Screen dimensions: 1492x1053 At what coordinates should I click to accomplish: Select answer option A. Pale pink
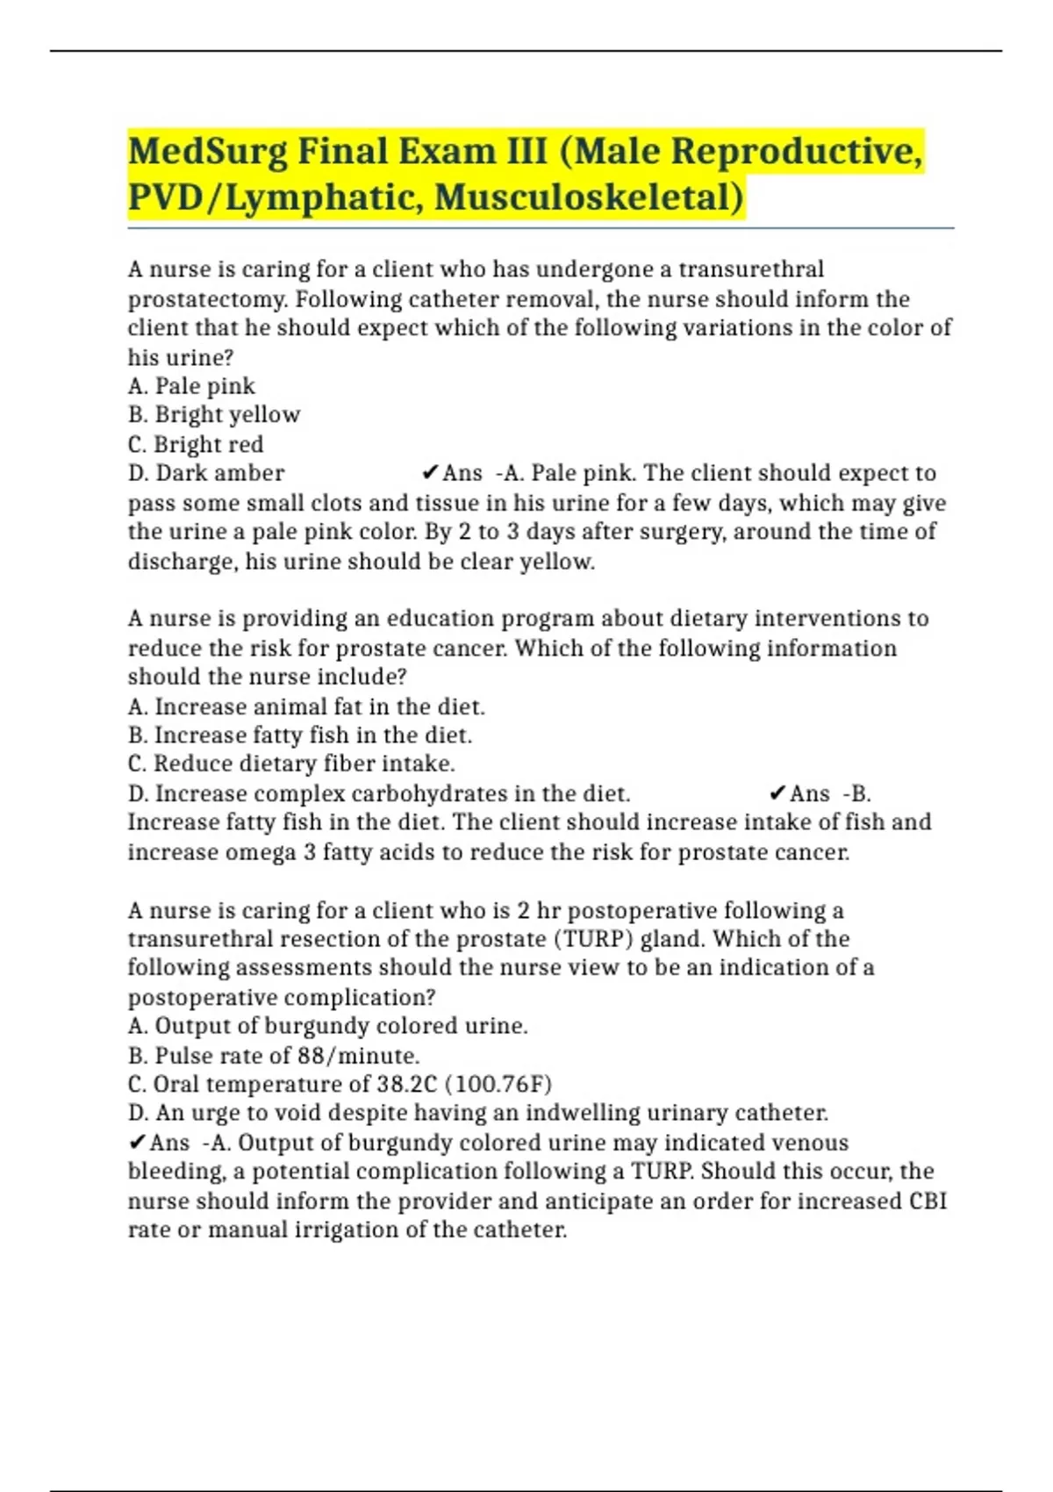coord(191,386)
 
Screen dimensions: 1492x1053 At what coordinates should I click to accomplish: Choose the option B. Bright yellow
coord(214,415)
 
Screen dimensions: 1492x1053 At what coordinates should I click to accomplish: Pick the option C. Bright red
coord(196,444)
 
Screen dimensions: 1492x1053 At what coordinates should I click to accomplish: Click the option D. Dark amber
coord(206,473)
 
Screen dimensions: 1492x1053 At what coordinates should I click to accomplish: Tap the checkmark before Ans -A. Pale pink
coord(429,473)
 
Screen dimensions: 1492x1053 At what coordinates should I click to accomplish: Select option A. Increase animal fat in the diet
coord(306,707)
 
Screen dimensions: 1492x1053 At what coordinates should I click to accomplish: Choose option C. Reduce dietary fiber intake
coord(291,764)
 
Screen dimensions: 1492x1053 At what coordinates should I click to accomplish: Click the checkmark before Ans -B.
coord(777,793)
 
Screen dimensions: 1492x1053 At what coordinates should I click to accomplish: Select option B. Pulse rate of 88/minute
coord(274,1055)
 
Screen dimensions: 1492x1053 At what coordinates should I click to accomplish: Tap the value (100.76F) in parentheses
coord(499,1084)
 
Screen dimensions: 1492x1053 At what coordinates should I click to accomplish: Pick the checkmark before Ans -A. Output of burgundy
coord(136,1142)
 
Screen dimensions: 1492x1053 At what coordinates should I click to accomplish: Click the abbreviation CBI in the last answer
coord(928,1201)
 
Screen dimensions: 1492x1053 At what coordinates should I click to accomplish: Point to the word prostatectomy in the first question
coord(208,299)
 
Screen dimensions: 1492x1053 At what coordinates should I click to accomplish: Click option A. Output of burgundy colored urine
coord(328,1026)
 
